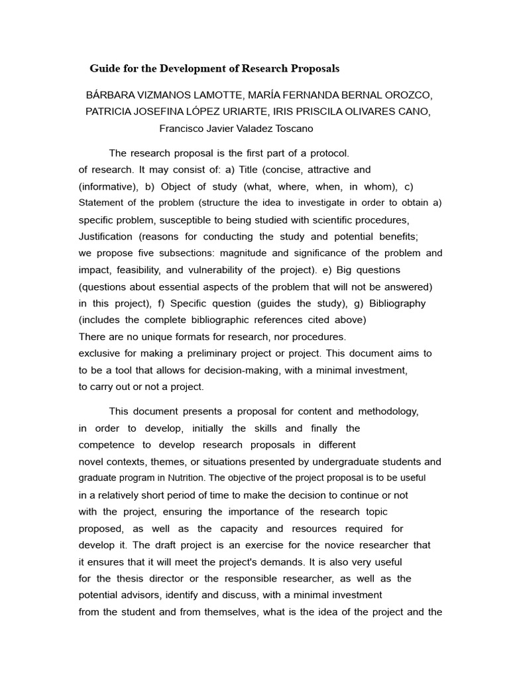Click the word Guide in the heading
tap(104, 68)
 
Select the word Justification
tap(105, 237)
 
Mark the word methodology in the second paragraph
tap(384, 412)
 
